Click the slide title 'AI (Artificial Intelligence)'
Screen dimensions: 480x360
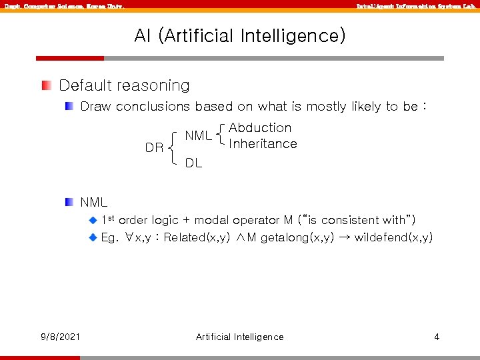tap(240, 35)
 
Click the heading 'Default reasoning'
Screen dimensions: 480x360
tap(124, 85)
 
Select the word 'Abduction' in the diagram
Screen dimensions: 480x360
tap(260, 127)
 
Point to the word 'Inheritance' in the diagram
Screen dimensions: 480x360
tap(263, 143)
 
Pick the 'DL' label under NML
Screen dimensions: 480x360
tap(193, 163)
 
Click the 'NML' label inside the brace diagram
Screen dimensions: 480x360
tap(198, 135)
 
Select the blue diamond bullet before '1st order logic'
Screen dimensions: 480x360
tap(93, 220)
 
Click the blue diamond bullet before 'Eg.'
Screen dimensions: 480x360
tap(93, 237)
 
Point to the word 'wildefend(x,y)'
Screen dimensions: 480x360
tap(393, 237)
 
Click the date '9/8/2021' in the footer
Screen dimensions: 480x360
tap(60, 337)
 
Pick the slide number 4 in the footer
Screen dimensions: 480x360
tap(437, 337)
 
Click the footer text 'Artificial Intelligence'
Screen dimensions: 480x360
tap(239, 337)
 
